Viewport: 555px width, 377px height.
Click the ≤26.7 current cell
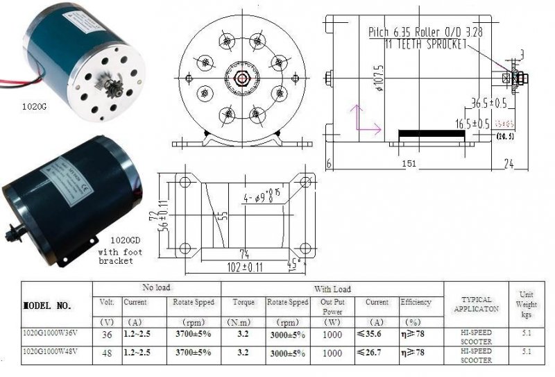(371, 352)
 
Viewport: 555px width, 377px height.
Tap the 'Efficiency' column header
(416, 303)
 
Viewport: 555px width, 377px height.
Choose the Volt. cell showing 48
(106, 352)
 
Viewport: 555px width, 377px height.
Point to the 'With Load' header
(332, 289)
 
